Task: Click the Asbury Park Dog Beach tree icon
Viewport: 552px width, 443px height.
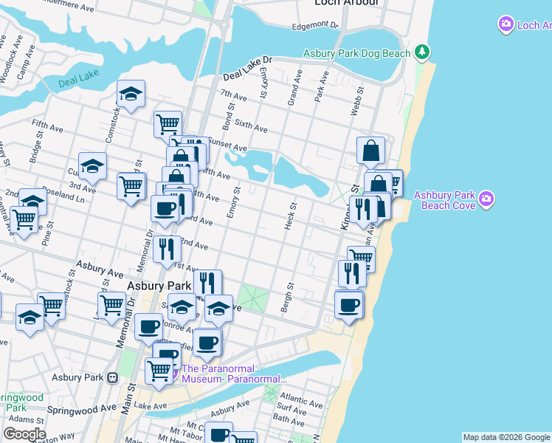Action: [x=421, y=52]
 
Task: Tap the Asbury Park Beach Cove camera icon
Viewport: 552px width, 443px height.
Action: [x=486, y=199]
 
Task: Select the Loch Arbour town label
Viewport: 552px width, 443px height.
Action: [x=346, y=3]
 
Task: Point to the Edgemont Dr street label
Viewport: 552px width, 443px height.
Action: [x=315, y=25]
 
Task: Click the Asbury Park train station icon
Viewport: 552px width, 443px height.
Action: [x=112, y=377]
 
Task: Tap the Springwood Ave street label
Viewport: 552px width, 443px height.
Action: [x=82, y=408]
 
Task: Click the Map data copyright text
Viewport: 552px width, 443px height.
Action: [x=506, y=437]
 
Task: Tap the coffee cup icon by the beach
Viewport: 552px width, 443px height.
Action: [x=348, y=304]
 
